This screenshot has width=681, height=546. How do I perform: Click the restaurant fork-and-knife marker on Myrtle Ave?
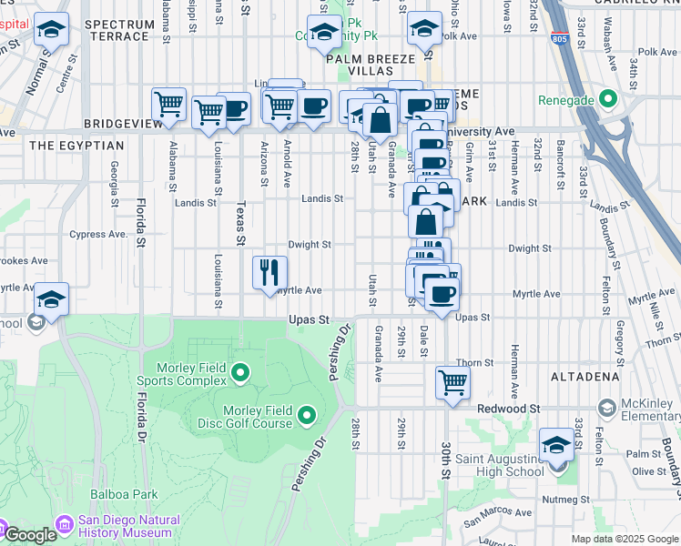tap(269, 272)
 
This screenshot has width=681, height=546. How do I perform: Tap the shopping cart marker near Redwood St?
tap(452, 381)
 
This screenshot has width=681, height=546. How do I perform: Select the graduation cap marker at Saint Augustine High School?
tap(556, 445)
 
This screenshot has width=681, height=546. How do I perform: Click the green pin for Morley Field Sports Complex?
tap(240, 371)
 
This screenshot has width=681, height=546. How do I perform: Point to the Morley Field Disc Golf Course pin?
tap(307, 416)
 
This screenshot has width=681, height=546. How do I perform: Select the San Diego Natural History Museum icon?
tap(64, 525)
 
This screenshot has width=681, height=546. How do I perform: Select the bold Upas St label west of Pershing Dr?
tap(308, 320)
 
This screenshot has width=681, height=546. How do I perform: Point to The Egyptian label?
tap(76, 146)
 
